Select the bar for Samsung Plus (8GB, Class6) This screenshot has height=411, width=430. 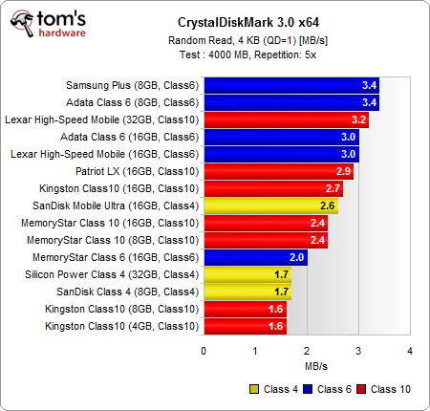(x=290, y=84)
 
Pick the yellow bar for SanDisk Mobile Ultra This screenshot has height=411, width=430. (x=269, y=205)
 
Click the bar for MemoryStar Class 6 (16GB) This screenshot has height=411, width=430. (x=254, y=257)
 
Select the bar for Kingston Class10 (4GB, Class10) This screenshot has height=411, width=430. (x=245, y=327)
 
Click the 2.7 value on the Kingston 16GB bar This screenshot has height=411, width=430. (x=333, y=188)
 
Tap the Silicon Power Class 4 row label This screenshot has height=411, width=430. (x=134, y=274)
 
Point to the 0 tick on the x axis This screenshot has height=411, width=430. (x=204, y=351)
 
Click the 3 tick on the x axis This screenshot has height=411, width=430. (x=358, y=351)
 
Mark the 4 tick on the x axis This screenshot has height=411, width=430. (x=410, y=351)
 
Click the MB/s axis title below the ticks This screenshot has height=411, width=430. (x=307, y=365)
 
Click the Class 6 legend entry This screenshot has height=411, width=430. (x=327, y=389)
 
